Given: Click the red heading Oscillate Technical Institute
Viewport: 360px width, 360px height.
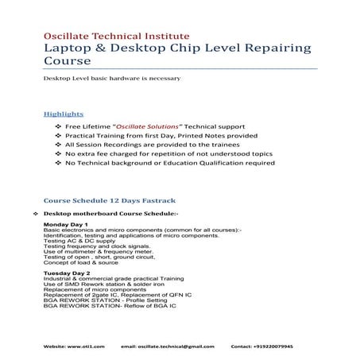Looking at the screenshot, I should [x=116, y=36].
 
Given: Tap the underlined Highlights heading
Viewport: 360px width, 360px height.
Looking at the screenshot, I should [x=64, y=114].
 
